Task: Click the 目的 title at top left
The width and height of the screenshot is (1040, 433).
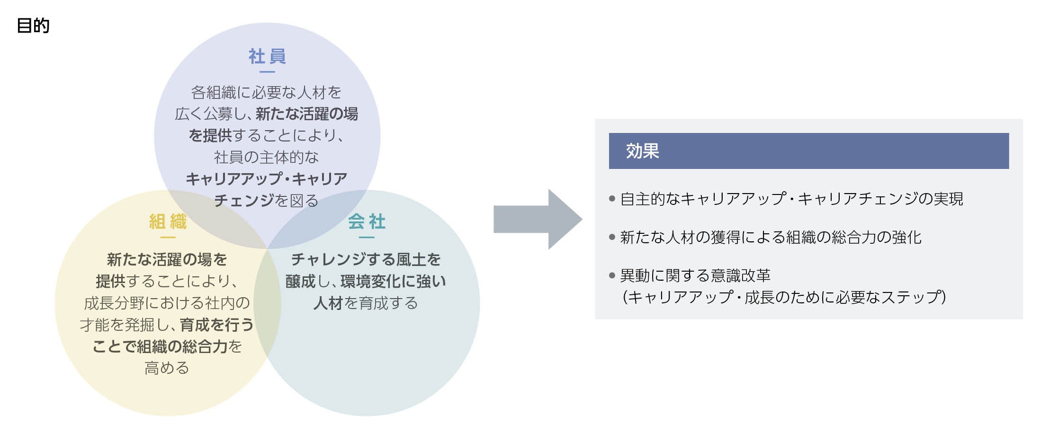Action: click(33, 26)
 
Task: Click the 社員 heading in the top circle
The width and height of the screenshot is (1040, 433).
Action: click(267, 56)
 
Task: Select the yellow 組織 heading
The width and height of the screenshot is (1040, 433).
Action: click(168, 221)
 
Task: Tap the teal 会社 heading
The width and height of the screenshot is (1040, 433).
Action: click(367, 221)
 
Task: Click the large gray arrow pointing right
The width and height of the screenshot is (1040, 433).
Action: click(537, 219)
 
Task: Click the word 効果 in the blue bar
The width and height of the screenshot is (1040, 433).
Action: click(642, 151)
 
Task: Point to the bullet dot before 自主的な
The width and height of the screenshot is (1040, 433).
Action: click(612, 199)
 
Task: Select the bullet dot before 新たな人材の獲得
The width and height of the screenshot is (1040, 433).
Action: click(612, 237)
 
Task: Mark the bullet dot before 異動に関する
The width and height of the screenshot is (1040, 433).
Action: click(612, 275)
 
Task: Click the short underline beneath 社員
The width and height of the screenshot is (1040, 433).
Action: click(267, 72)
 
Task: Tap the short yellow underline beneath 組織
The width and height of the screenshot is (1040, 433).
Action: click(168, 237)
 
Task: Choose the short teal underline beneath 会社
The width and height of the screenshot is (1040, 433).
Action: click(367, 237)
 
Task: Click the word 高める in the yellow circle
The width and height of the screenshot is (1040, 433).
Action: click(167, 368)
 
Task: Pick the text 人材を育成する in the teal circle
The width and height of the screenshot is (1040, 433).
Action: click(365, 303)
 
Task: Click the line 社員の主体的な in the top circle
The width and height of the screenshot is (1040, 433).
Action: click(266, 157)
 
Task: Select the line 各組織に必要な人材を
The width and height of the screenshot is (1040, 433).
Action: click(266, 92)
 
